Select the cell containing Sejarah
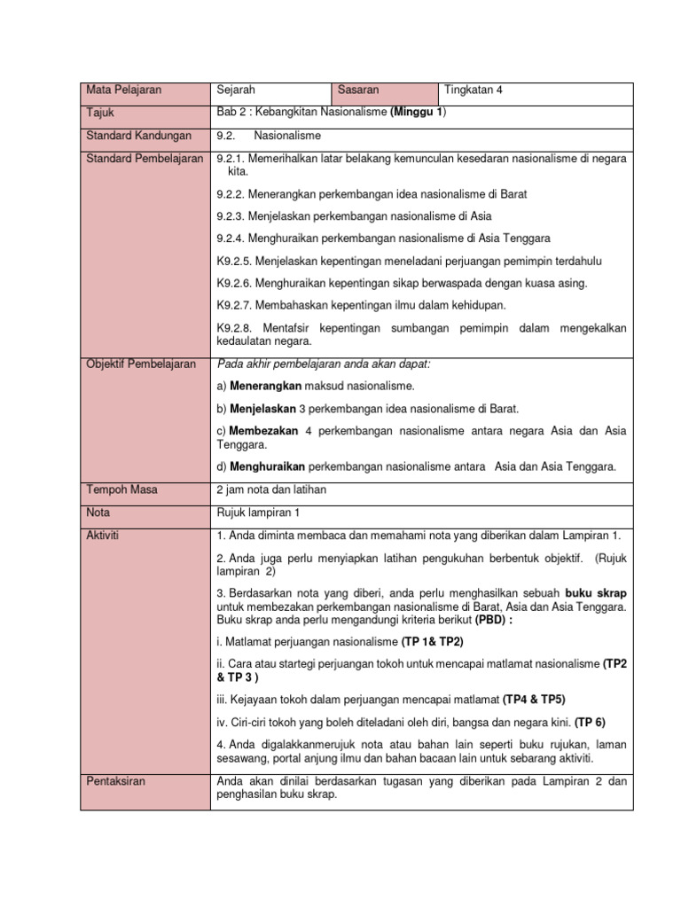(236, 90)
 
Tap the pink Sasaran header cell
(359, 90)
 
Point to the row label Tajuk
(101, 113)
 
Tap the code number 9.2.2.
(231, 193)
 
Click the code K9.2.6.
(235, 283)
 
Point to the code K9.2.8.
(235, 328)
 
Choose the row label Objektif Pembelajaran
(141, 364)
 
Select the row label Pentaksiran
(116, 781)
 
